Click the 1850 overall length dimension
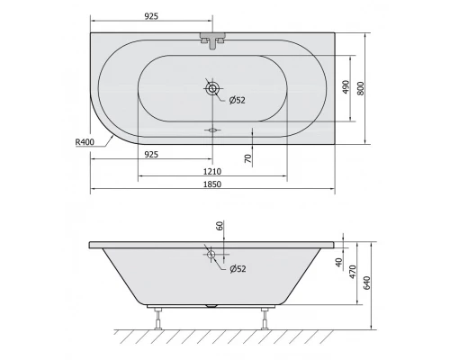(213, 184)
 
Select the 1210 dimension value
(213, 170)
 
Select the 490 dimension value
(345, 87)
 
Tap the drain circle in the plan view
(213, 89)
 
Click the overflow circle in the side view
(213, 255)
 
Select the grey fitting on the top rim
(212, 40)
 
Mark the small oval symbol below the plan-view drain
(213, 130)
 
